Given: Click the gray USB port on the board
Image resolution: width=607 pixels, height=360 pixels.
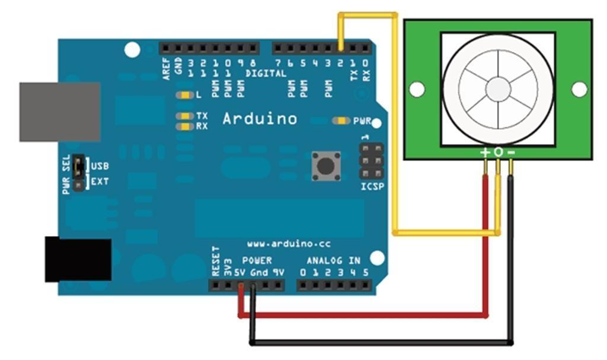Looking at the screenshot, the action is [60, 111].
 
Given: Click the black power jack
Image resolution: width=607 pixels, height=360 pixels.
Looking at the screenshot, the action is [78, 259].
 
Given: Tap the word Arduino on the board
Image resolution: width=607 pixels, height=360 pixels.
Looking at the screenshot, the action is [260, 119].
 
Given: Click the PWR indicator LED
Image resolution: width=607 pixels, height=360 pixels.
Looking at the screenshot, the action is [341, 121].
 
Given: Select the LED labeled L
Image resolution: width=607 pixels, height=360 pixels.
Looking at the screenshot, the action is [185, 95].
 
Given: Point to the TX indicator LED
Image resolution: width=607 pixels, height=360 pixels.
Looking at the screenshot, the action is [185, 116].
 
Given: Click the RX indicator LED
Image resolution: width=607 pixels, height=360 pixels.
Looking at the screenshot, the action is [185, 126].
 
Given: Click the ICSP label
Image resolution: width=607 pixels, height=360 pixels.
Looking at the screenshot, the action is [372, 187].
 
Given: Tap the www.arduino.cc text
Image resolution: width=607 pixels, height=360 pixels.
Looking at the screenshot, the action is [289, 244].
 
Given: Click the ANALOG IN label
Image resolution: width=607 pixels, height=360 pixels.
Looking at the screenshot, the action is [333, 260].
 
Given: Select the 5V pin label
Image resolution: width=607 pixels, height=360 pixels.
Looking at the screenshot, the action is [240, 273].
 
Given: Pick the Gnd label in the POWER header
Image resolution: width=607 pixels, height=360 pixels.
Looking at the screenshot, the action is [259, 273].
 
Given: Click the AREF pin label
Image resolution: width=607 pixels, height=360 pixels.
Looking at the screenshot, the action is [167, 69].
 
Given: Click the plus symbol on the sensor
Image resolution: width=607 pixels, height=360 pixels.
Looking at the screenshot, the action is [485, 152].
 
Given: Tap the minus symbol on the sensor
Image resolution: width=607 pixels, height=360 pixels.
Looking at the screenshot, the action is [512, 152].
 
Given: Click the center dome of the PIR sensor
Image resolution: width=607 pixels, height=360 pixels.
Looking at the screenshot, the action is [498, 89].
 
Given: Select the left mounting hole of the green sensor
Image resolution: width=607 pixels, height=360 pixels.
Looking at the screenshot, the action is [417, 89].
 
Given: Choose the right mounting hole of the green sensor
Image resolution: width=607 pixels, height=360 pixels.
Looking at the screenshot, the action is [579, 89].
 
